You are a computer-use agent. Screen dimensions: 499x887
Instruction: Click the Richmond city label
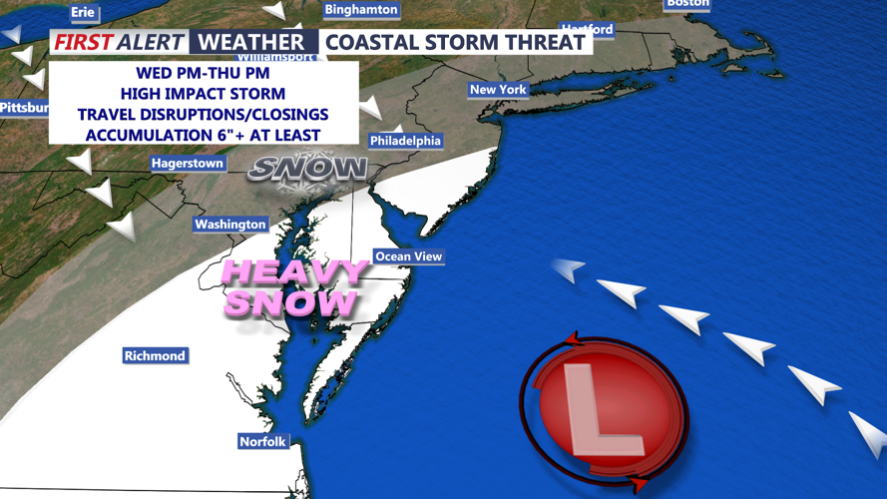pos(155,356)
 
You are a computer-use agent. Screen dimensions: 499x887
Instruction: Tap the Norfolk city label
pos(263,442)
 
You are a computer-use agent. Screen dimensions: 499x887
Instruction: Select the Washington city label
pos(230,225)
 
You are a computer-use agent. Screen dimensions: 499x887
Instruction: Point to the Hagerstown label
pos(188,163)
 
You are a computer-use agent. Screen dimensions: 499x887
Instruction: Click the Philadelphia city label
pos(405,141)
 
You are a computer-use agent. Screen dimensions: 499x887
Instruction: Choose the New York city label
pos(498,90)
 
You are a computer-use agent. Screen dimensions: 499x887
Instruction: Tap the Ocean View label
pos(408,256)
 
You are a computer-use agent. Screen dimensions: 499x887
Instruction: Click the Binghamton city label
pos(361,10)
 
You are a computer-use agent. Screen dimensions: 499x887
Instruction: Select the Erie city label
pos(83,12)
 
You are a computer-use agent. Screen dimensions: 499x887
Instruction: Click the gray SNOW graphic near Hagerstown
pos(307,169)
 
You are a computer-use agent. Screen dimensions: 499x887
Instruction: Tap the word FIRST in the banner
pos(83,42)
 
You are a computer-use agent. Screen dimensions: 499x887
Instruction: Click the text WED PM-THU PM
pos(203,74)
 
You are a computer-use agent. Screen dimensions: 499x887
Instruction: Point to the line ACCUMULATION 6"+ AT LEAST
pos(203,135)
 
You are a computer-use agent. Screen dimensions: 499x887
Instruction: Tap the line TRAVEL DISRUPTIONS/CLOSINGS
pos(203,115)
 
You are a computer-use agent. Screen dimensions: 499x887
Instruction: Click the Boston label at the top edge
pos(687,4)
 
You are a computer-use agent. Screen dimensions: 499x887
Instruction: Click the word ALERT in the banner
pos(151,42)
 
